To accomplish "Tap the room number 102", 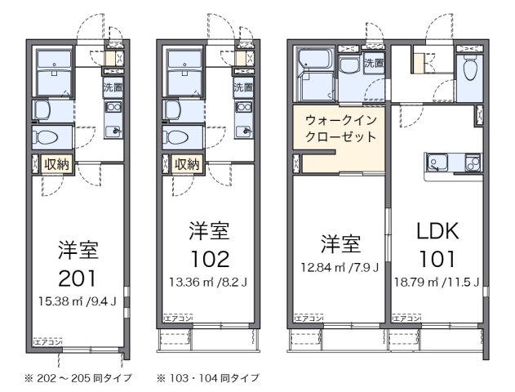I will click(x=206, y=259).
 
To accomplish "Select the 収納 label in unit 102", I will click(x=187, y=164).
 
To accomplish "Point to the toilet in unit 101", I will click(x=468, y=72).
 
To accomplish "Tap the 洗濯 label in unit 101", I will click(x=373, y=63).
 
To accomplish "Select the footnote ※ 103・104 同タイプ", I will click(x=209, y=378).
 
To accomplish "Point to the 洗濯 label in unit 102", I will click(x=242, y=87).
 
